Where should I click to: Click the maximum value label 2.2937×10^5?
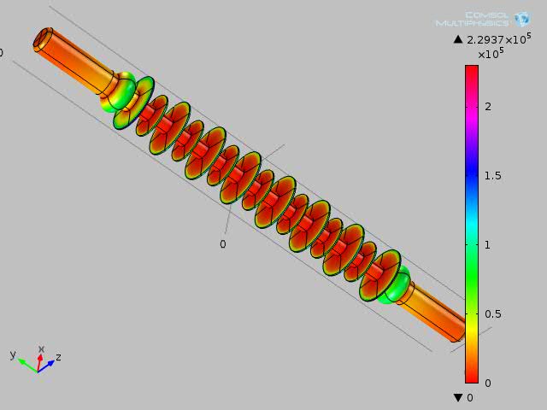(499, 38)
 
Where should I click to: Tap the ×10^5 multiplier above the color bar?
(491, 53)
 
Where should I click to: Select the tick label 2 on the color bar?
(488, 106)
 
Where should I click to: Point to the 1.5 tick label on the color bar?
(493, 176)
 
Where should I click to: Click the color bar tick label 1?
(487, 245)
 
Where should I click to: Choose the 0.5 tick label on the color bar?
(493, 314)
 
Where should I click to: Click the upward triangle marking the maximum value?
(458, 39)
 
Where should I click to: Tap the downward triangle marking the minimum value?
(458, 397)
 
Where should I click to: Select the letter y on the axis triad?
(13, 354)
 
